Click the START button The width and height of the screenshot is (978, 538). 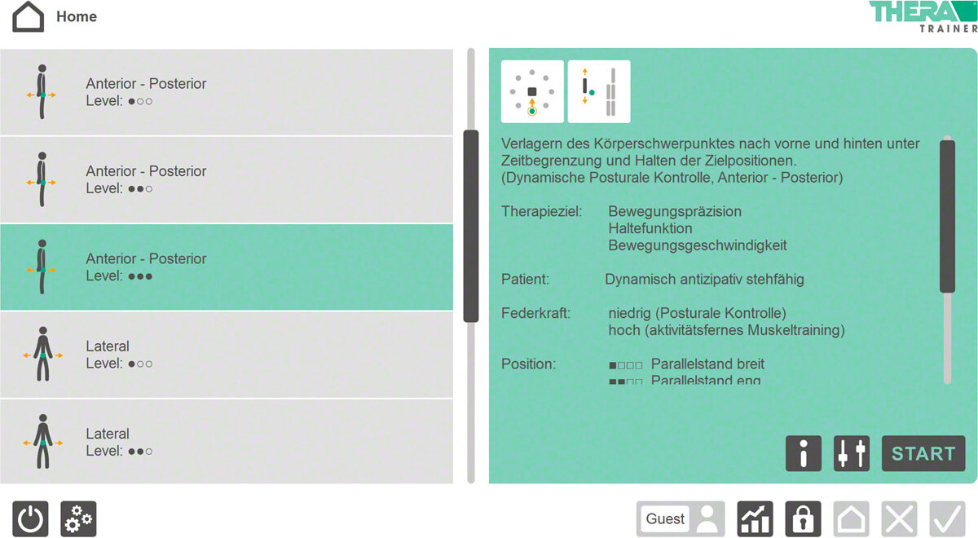coord(923,454)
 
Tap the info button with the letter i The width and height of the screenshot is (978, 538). coord(803,454)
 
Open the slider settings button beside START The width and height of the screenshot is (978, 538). coord(851,454)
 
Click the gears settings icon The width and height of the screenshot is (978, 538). coord(78,519)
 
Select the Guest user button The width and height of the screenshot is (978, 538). coord(681,519)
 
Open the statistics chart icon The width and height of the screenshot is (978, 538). coord(755,519)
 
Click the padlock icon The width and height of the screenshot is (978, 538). coord(803,519)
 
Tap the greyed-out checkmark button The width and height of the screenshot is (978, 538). coord(947,519)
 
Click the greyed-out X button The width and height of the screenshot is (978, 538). coord(899,519)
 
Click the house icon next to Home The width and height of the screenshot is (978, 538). coord(29,16)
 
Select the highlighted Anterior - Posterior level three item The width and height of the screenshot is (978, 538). coord(227,267)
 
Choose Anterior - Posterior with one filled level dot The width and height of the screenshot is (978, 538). coord(227,92)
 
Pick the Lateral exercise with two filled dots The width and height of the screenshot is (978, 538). coord(227,442)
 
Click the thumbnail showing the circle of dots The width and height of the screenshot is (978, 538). coord(532,91)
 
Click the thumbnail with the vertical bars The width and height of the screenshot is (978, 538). coord(599,91)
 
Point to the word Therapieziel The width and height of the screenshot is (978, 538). coord(541,212)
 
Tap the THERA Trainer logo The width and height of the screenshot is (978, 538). coord(923,16)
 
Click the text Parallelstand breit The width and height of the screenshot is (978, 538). coord(707,364)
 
